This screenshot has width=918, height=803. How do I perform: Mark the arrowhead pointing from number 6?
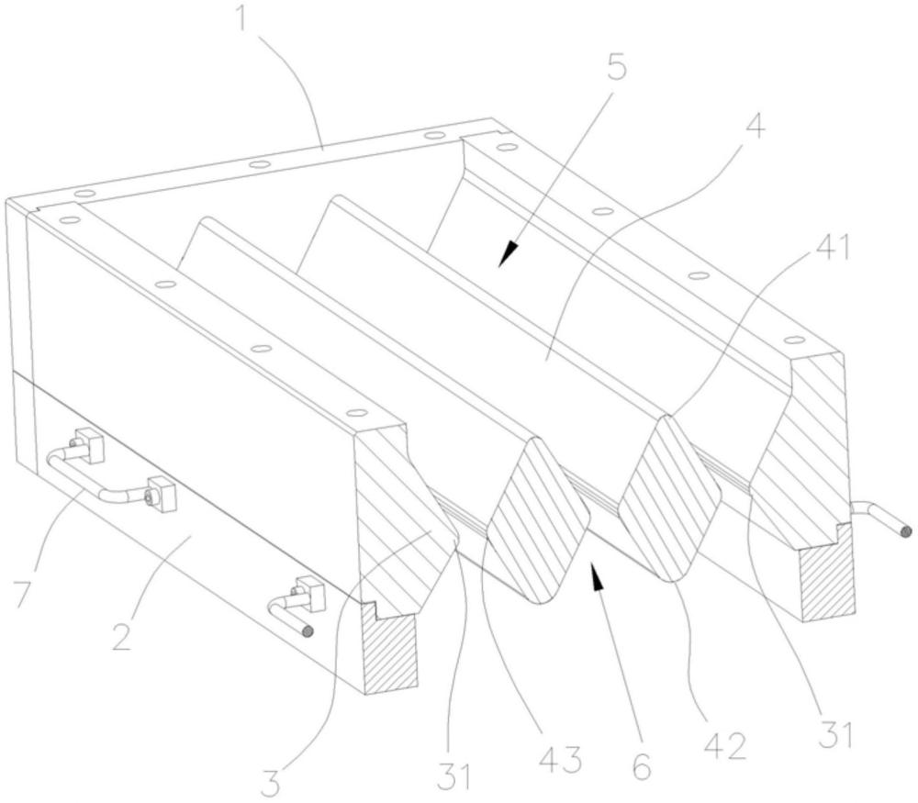(597, 575)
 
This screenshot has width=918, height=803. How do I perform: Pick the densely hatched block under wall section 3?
(390, 650)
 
